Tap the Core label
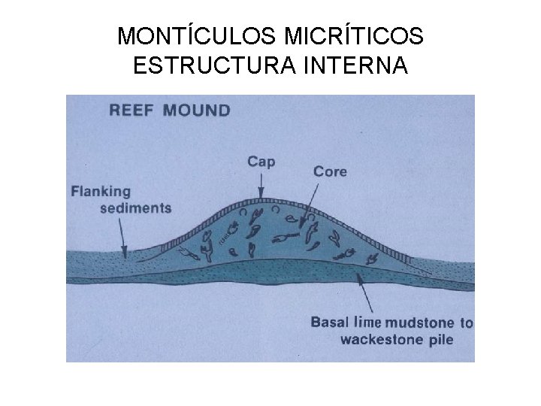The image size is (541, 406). point(330,171)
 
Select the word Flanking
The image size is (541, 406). point(101,191)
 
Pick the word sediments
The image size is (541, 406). point(135,208)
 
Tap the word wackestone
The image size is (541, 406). point(382,339)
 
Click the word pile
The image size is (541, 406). point(440,339)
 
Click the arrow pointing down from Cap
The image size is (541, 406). point(260,184)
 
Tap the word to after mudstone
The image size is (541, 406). point(466,323)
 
